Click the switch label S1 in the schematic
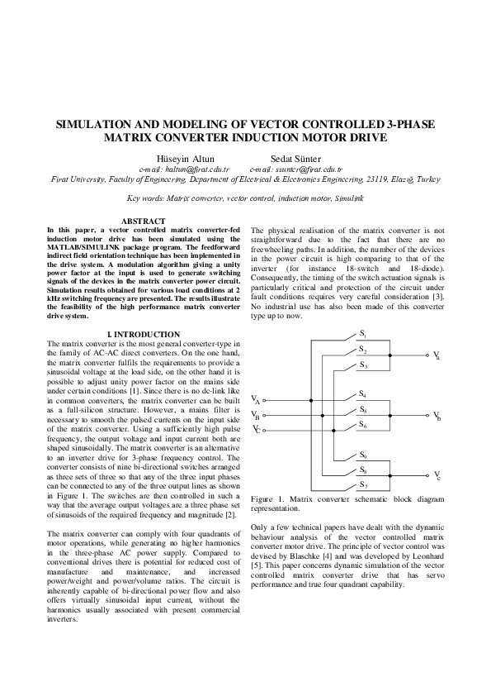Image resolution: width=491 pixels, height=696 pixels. tap(362, 334)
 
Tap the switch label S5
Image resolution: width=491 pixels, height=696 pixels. tap(363, 410)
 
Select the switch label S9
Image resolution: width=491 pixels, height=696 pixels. tap(363, 455)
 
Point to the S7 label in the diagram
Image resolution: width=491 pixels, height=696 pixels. tap(363, 484)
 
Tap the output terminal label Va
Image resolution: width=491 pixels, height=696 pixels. tap(437, 355)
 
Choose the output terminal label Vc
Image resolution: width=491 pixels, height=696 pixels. tap(437, 476)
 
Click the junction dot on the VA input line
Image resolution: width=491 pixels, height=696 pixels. tap(311, 400)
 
